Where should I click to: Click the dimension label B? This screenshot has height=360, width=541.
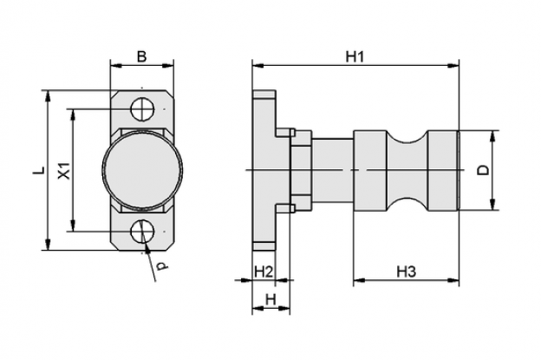pos(141,56)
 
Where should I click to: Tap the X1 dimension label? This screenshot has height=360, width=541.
pos(64,171)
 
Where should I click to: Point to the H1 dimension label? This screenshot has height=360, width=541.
pos(355,56)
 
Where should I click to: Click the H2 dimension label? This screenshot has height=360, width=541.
pos(264,272)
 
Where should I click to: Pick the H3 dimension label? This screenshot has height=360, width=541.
pos(406,272)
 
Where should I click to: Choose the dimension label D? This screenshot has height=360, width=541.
pos(485,170)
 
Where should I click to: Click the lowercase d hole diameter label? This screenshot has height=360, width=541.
pos(161,266)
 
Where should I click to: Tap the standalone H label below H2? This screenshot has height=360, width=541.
pos(270,299)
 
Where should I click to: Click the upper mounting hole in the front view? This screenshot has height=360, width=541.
pos(142,109)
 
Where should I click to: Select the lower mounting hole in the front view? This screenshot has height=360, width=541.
pos(142,231)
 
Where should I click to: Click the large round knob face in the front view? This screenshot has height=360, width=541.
pos(142,170)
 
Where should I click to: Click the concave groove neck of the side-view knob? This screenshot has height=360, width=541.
pos(407,171)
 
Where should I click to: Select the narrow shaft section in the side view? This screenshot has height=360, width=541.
pos(333,171)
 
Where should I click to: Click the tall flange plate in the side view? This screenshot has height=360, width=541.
pos(264,170)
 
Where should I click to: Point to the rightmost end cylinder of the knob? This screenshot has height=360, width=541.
pos(443,171)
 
